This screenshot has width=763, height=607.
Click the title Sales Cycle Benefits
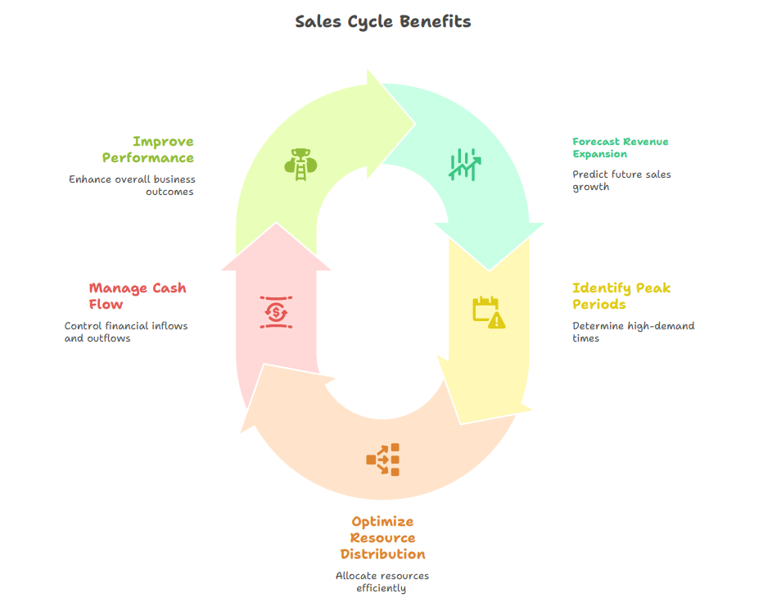coord(382,21)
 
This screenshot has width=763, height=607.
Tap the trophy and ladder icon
coord(300,161)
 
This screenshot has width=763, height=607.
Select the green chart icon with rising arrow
coord(463,164)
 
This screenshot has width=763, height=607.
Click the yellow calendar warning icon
coord(489,312)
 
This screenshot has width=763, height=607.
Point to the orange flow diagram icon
coord(382,460)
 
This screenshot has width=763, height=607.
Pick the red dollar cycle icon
coord(277,312)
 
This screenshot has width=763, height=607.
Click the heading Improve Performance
coord(148,150)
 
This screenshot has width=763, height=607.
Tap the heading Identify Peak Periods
coord(621,296)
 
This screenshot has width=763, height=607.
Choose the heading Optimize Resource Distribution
coord(382,537)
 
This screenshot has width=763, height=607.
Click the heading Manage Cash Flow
coord(137,296)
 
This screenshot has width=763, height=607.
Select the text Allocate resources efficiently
coord(382,582)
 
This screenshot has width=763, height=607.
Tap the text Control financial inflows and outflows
coord(126,332)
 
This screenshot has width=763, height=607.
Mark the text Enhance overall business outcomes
coord(132,185)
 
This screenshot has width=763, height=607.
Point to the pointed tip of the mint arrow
coord(490,270)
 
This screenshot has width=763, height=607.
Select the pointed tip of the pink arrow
coord(277,224)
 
